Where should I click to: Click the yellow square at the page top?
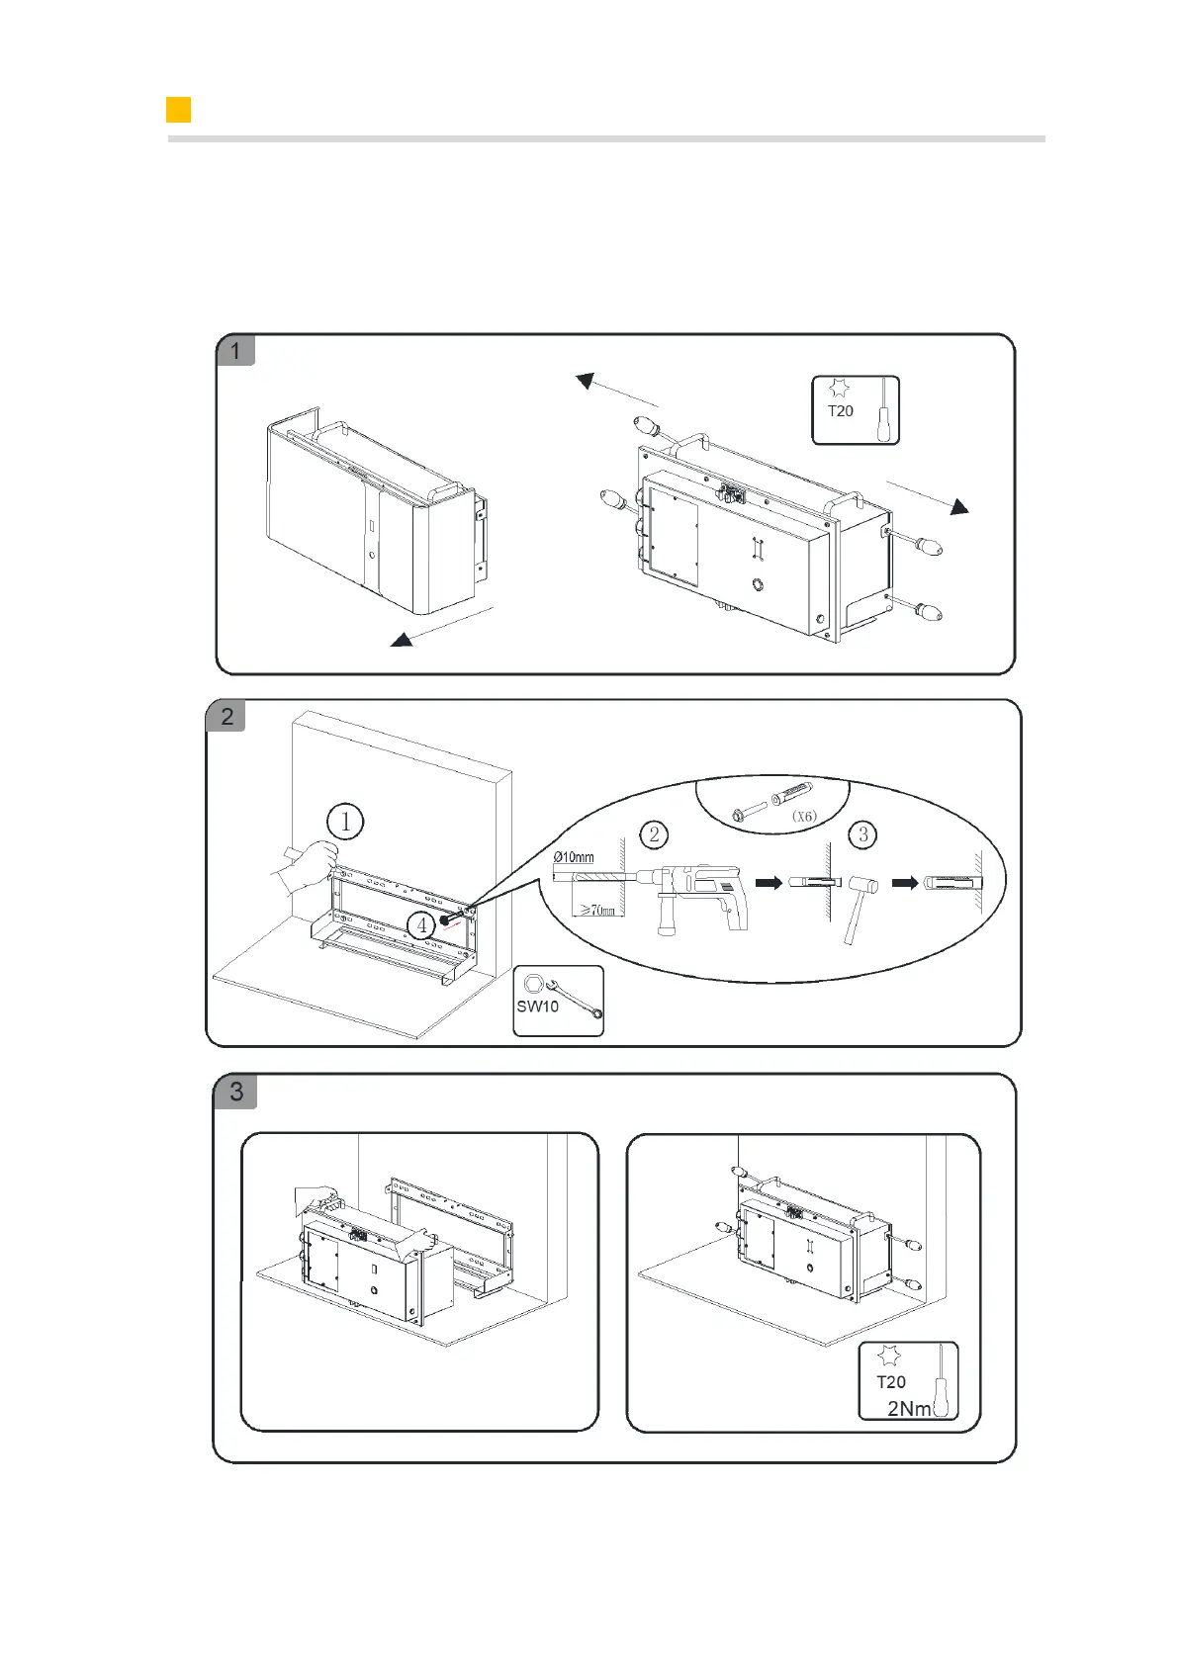(178, 110)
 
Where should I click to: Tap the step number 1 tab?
(235, 351)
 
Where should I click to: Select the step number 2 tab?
(226, 716)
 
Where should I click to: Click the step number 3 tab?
(235, 1092)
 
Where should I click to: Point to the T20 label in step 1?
(840, 411)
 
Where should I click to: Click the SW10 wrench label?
(537, 1007)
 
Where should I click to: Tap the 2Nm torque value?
(908, 1408)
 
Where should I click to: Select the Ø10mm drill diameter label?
(574, 856)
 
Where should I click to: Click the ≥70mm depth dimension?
(596, 911)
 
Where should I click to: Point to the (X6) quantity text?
(804, 817)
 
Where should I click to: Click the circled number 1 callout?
(345, 822)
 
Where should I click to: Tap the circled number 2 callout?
(654, 834)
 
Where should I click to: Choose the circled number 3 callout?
(862, 834)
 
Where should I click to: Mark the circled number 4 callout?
(422, 925)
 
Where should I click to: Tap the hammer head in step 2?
(863, 885)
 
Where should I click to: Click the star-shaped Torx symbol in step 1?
(839, 389)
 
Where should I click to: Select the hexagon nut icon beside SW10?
(532, 984)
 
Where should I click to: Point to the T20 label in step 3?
(890, 1382)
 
